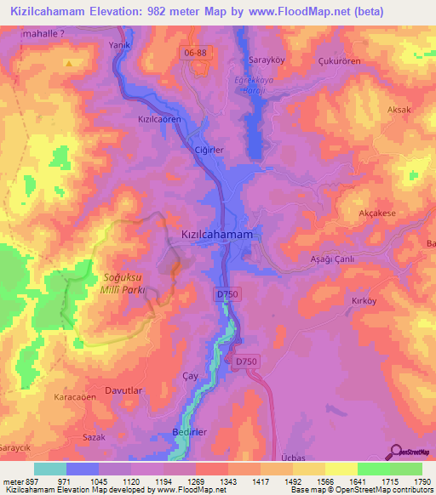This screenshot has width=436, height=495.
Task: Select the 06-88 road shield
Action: (x=196, y=53)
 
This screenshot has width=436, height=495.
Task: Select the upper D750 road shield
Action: (x=223, y=293)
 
